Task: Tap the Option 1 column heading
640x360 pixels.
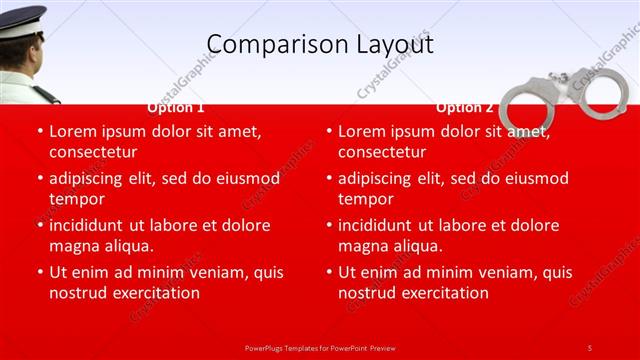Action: (x=176, y=107)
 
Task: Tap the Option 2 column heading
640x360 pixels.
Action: (x=465, y=107)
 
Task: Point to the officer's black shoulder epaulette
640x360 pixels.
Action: (x=46, y=95)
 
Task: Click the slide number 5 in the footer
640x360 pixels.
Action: (x=590, y=347)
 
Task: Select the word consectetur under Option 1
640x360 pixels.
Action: (x=92, y=152)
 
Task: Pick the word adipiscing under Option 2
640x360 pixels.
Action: (x=379, y=178)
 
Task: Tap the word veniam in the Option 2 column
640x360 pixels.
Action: (x=509, y=272)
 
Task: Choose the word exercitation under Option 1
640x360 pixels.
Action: (x=153, y=293)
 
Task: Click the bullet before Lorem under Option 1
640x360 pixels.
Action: (x=39, y=131)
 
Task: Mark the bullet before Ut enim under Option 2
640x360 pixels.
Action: (x=328, y=272)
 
